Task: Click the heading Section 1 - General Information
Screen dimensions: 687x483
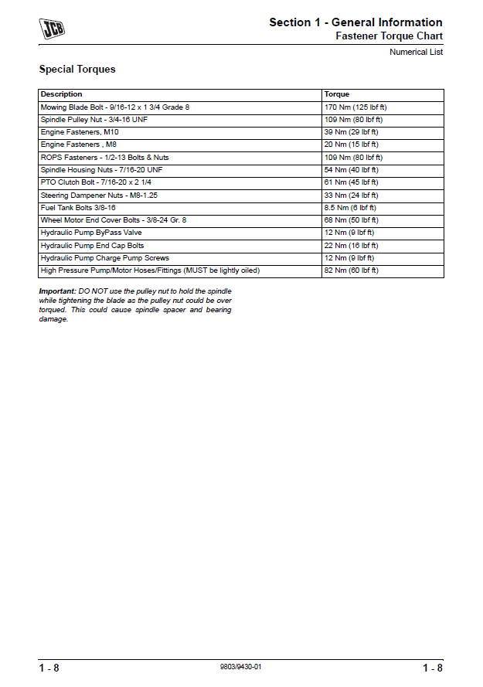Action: [355, 22]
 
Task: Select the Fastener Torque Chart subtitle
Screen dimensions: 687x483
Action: [389, 36]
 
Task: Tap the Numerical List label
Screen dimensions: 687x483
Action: [417, 53]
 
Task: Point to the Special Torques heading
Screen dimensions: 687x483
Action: [77, 70]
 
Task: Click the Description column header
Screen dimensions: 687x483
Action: [61, 94]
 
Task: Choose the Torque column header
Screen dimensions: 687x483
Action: [337, 94]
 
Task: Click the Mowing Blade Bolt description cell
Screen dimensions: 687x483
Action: [114, 107]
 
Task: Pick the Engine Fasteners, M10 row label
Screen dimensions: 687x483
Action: [80, 132]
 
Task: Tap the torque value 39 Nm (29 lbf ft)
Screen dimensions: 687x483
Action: [352, 132]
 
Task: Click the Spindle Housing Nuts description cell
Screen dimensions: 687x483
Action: [101, 170]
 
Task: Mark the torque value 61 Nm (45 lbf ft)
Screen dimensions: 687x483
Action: [352, 182]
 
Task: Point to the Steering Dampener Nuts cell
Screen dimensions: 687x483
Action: [99, 196]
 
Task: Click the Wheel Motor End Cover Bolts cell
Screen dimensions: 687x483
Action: [113, 220]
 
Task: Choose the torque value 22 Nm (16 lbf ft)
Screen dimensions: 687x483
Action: [352, 246]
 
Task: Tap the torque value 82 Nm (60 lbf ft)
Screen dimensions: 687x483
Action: [352, 270]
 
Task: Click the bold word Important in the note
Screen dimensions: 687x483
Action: [56, 291]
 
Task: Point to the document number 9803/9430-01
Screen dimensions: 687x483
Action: [241, 667]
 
